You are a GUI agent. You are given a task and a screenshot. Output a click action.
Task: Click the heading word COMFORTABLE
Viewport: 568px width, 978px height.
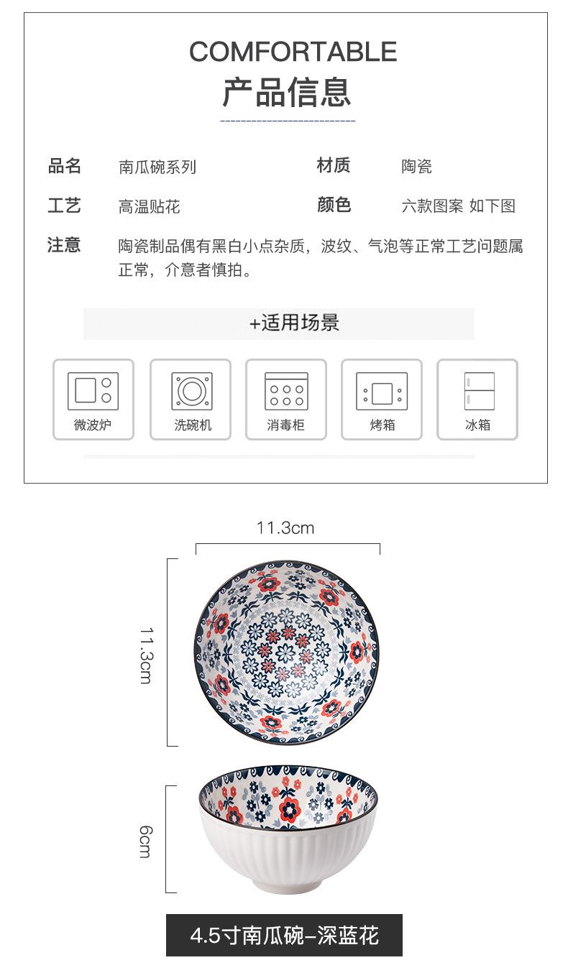pyautogui.click(x=293, y=52)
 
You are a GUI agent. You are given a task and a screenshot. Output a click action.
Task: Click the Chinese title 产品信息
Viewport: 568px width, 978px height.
pyautogui.click(x=287, y=93)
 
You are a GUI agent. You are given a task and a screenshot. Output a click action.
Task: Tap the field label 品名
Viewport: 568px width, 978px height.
pyautogui.click(x=65, y=167)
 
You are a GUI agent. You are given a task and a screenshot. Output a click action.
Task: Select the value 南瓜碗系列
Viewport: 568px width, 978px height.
pyautogui.click(x=157, y=167)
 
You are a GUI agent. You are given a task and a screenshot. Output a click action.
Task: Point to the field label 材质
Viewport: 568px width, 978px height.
pyautogui.click(x=334, y=166)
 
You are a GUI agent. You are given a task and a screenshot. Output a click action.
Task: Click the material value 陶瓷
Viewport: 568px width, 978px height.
pyautogui.click(x=416, y=167)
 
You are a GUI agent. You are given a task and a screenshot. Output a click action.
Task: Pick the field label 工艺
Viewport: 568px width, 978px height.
pyautogui.click(x=65, y=206)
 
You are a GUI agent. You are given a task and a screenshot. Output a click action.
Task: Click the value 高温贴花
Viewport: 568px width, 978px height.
pyautogui.click(x=150, y=207)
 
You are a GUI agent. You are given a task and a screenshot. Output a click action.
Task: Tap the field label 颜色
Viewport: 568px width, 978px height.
pyautogui.click(x=334, y=206)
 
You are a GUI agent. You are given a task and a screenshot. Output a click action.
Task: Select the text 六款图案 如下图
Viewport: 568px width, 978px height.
pyautogui.click(x=458, y=206)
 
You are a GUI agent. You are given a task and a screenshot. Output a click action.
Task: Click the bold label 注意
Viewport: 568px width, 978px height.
pyautogui.click(x=65, y=245)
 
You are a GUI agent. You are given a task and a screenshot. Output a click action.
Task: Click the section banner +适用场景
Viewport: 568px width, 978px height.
pyautogui.click(x=294, y=323)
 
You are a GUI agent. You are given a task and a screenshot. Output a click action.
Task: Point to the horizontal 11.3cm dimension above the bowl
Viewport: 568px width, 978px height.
pyautogui.click(x=285, y=529)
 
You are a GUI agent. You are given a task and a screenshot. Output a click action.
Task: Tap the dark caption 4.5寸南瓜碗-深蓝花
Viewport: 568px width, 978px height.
pyautogui.click(x=284, y=935)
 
